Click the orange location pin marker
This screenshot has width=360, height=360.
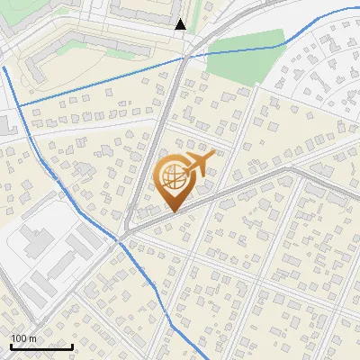click(176, 180)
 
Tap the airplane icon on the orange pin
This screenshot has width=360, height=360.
click(197, 165)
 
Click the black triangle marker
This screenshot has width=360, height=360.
click(181, 24)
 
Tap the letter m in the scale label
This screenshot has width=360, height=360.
click(32, 338)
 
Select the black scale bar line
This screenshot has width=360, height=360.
click(41, 346)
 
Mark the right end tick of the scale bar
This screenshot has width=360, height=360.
click(72, 345)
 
